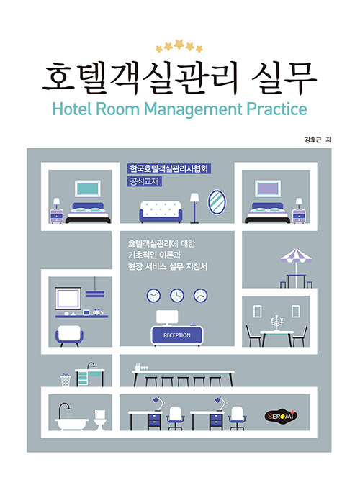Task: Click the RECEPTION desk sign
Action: pyautogui.click(x=176, y=335)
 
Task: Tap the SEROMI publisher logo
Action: pyautogui.click(x=281, y=416)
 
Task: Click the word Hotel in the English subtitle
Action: pyautogui.click(x=73, y=109)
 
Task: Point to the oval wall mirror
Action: pyautogui.click(x=217, y=201)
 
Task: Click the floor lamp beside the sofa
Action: pyautogui.click(x=194, y=208)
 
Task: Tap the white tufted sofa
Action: pyautogui.click(x=161, y=212)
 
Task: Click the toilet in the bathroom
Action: pyautogui.click(x=100, y=420)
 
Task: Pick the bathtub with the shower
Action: pyautogui.click(x=71, y=417)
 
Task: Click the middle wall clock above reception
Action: pyautogui.click(x=176, y=296)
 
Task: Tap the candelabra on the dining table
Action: pyautogui.click(x=276, y=322)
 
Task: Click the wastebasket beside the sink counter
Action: pyautogui.click(x=66, y=379)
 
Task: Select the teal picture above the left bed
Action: pyautogui.click(x=88, y=189)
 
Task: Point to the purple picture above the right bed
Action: pyautogui.click(x=268, y=189)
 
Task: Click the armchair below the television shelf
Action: pyautogui.click(x=69, y=335)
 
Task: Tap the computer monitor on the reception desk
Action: pyautogui.click(x=167, y=317)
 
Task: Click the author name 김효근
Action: pyautogui.click(x=313, y=140)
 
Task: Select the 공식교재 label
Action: pyautogui.click(x=144, y=181)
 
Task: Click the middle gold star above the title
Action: pyautogui.click(x=179, y=44)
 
